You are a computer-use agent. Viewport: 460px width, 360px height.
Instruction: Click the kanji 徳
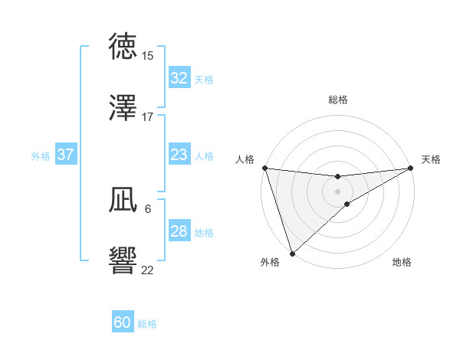[x=124, y=46]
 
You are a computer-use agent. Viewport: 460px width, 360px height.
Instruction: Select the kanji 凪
[x=124, y=201]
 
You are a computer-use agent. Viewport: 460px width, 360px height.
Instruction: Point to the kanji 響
[x=124, y=261]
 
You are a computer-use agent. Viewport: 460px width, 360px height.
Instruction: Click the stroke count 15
[x=147, y=56]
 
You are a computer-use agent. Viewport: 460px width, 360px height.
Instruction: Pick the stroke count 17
[x=147, y=117]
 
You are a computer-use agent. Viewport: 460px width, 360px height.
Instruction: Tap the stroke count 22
[x=147, y=270]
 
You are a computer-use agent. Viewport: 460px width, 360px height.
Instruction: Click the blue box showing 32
[x=179, y=78]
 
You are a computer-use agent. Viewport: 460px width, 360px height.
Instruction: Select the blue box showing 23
[x=179, y=155]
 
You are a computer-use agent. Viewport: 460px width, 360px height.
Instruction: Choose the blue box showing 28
[x=179, y=231]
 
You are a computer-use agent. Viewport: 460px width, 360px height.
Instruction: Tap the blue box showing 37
[x=65, y=155]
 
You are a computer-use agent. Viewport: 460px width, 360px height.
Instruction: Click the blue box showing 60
[x=123, y=322]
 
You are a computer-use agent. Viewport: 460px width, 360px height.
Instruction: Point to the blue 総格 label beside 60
[x=147, y=324]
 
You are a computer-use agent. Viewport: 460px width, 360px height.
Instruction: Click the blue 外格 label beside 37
[x=41, y=156]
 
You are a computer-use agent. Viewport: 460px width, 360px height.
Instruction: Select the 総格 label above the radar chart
[x=338, y=100]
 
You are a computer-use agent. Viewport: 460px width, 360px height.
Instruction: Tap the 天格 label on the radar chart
[x=431, y=159]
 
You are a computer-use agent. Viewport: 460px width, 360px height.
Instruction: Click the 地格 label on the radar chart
[x=402, y=262]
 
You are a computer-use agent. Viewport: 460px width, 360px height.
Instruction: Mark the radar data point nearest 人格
[x=264, y=168]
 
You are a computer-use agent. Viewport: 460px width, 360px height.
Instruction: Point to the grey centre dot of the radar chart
[x=338, y=191]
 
